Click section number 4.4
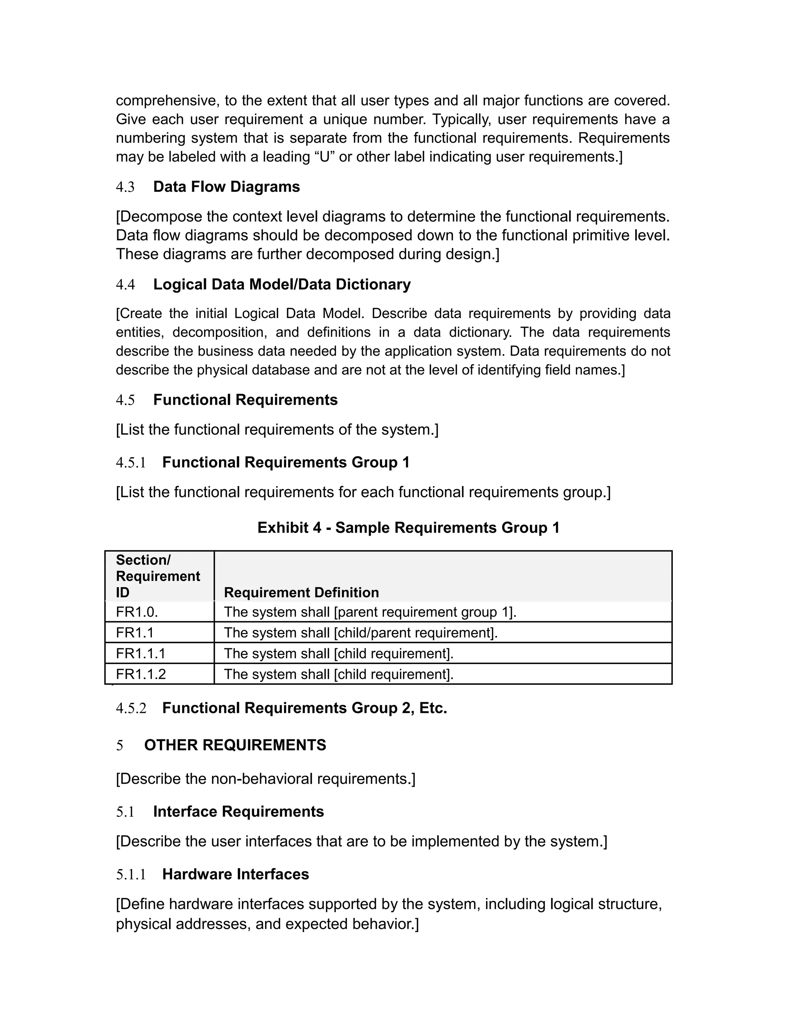click(x=125, y=285)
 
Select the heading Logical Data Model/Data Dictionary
click(x=282, y=285)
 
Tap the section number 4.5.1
click(x=131, y=463)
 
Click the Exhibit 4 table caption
click(x=408, y=528)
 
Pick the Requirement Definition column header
click(x=301, y=593)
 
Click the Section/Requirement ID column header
click(x=158, y=576)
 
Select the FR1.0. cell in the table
click(x=137, y=612)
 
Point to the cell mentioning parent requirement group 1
click(x=370, y=612)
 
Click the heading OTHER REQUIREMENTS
click(x=235, y=745)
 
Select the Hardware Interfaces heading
click(x=236, y=874)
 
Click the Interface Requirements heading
click(x=238, y=811)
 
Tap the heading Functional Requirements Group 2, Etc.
click(x=304, y=708)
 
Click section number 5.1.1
click(x=131, y=874)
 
